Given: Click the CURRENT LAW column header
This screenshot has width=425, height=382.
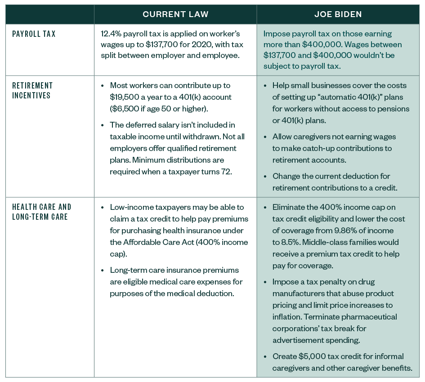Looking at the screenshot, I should pos(175,14).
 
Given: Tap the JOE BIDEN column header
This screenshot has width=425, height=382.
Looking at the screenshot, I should pos(338,14).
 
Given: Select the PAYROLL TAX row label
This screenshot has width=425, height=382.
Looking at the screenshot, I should pos(34,34).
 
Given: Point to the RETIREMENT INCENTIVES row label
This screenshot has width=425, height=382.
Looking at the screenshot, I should pos(32,90).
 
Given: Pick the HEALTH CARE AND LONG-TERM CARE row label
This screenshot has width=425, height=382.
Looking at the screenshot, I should pos(41,212).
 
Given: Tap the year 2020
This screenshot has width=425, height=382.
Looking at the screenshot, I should pos(188,45).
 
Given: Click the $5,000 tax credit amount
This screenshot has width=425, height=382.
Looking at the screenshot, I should pos(313,356).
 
